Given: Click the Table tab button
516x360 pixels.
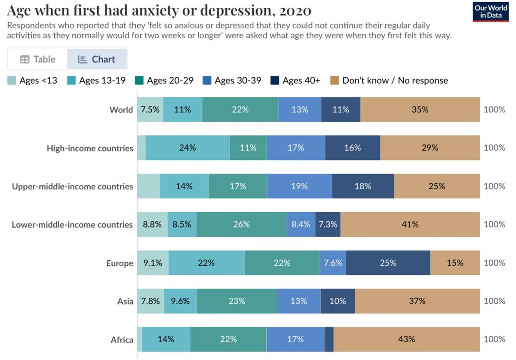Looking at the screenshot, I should [x=38, y=59].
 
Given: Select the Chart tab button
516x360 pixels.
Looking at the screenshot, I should [x=97, y=59].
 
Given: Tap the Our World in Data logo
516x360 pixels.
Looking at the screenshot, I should [x=491, y=11].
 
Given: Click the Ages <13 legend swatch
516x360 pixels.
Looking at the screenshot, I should [x=12, y=80].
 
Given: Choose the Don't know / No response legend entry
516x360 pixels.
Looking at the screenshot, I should [x=389, y=80].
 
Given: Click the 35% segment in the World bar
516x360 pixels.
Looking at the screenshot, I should [x=420, y=110].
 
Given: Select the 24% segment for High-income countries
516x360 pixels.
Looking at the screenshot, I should [x=187, y=148].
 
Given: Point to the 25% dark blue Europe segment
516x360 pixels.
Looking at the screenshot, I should [x=388, y=263].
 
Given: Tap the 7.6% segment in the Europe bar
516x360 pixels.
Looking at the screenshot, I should [x=333, y=263].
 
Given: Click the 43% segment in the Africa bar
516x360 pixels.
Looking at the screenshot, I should [x=406, y=339].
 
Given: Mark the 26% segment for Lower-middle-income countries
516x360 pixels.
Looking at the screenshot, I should [x=242, y=224].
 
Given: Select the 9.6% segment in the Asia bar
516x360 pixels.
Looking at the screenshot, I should [x=181, y=301].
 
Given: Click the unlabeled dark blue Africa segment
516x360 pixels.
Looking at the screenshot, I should [x=329, y=339].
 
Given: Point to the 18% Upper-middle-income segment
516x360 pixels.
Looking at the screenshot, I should [x=363, y=186].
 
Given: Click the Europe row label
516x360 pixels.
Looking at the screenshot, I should [x=120, y=263].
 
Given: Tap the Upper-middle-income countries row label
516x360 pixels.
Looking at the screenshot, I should [x=72, y=186].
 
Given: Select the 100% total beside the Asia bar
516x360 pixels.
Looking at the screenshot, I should [x=494, y=301].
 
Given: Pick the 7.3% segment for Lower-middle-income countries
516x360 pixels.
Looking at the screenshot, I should [x=328, y=224].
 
